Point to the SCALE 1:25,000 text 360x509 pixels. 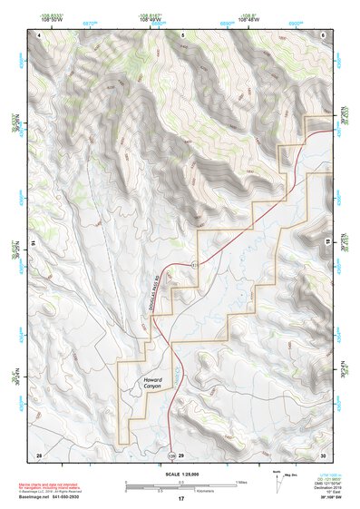(x=181, y=474)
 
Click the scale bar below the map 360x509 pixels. (x=181, y=485)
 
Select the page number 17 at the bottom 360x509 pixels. (x=181, y=499)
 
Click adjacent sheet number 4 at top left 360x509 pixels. (x=40, y=34)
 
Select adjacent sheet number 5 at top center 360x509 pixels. (x=182, y=34)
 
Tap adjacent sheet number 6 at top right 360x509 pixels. (x=323, y=34)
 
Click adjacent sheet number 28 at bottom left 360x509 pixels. (x=39, y=454)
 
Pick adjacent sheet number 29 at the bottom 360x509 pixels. (x=181, y=454)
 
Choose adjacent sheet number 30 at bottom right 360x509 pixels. (x=323, y=454)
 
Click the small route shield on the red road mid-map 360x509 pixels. (x=194, y=264)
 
